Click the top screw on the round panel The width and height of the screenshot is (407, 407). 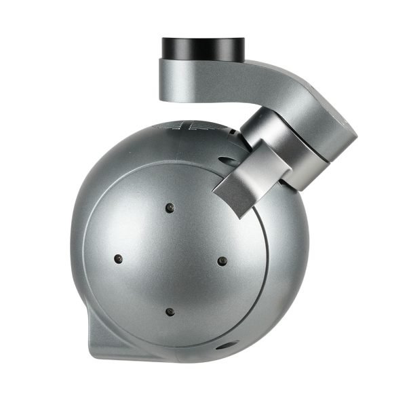click(170, 207)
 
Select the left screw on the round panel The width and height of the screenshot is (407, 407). click(118, 258)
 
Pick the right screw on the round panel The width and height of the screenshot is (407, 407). click(221, 259)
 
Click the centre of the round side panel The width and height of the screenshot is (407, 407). click(170, 259)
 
